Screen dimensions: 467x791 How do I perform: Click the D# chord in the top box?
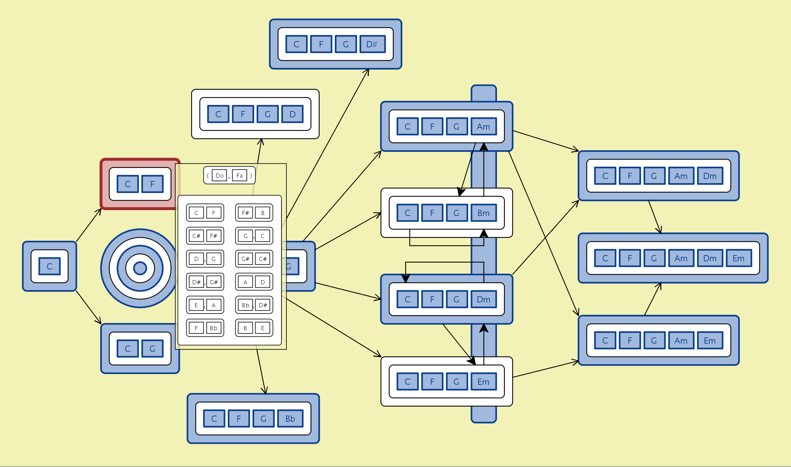point(372,44)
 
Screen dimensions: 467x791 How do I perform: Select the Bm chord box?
point(483,213)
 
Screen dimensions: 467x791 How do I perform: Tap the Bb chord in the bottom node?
point(290,419)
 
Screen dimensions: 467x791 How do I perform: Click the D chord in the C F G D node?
point(292,114)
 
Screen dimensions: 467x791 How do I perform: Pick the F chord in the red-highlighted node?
point(152,184)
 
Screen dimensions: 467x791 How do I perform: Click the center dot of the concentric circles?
point(140,268)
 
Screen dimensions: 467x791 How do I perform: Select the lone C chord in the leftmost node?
point(49,266)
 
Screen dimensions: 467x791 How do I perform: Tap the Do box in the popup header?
point(219,176)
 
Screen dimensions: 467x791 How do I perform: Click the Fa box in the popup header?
point(239,176)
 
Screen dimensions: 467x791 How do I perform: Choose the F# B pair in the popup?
point(254,213)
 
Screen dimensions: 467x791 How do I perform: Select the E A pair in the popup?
point(205,305)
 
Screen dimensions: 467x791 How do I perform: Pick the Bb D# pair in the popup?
point(254,305)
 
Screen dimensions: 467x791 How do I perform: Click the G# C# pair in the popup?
point(254,259)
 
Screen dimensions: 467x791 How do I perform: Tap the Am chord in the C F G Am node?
point(483,127)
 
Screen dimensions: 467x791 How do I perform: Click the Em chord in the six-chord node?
point(739,258)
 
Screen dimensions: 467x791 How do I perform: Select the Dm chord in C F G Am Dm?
point(710,176)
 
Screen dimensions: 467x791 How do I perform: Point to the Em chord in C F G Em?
point(483,382)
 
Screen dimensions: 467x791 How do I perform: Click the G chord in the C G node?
point(152,349)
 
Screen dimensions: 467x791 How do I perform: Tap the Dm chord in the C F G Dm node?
point(483,299)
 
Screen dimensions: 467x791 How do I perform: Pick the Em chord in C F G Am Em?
point(710,340)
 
